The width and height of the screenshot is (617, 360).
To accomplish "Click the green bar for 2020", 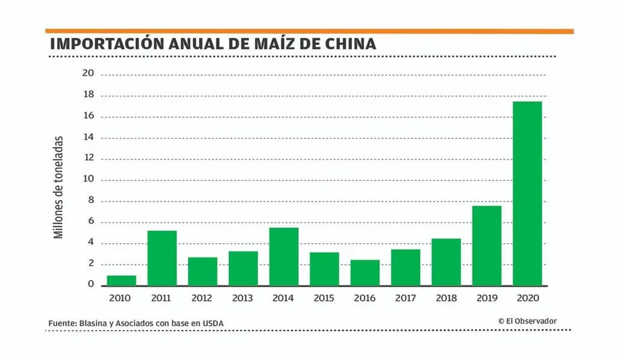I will pyautogui.click(x=527, y=193).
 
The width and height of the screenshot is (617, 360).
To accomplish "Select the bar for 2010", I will pyautogui.click(x=122, y=280).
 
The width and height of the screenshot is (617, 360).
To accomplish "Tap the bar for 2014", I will pyautogui.click(x=284, y=256).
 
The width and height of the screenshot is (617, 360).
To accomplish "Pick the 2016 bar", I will pyautogui.click(x=365, y=273).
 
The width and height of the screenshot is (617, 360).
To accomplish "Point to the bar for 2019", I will pyautogui.click(x=487, y=245).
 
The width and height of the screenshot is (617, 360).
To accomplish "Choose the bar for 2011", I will pyautogui.click(x=162, y=258).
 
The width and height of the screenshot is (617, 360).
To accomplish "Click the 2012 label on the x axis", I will pyautogui.click(x=202, y=298).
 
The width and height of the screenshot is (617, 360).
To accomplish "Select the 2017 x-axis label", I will pyautogui.click(x=406, y=298).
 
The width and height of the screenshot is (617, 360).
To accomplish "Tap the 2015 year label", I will pyautogui.click(x=324, y=298).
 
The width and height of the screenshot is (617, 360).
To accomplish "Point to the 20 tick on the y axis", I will pyautogui.click(x=89, y=74).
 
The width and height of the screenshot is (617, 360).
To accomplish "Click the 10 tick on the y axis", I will pyautogui.click(x=89, y=180).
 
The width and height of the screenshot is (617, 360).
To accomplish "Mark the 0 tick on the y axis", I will pyautogui.click(x=91, y=284).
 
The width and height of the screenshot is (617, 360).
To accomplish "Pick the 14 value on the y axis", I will pyautogui.click(x=89, y=137).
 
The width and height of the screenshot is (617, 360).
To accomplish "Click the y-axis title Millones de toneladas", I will pyautogui.click(x=58, y=186).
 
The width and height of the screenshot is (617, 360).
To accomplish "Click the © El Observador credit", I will pyautogui.click(x=527, y=321).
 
